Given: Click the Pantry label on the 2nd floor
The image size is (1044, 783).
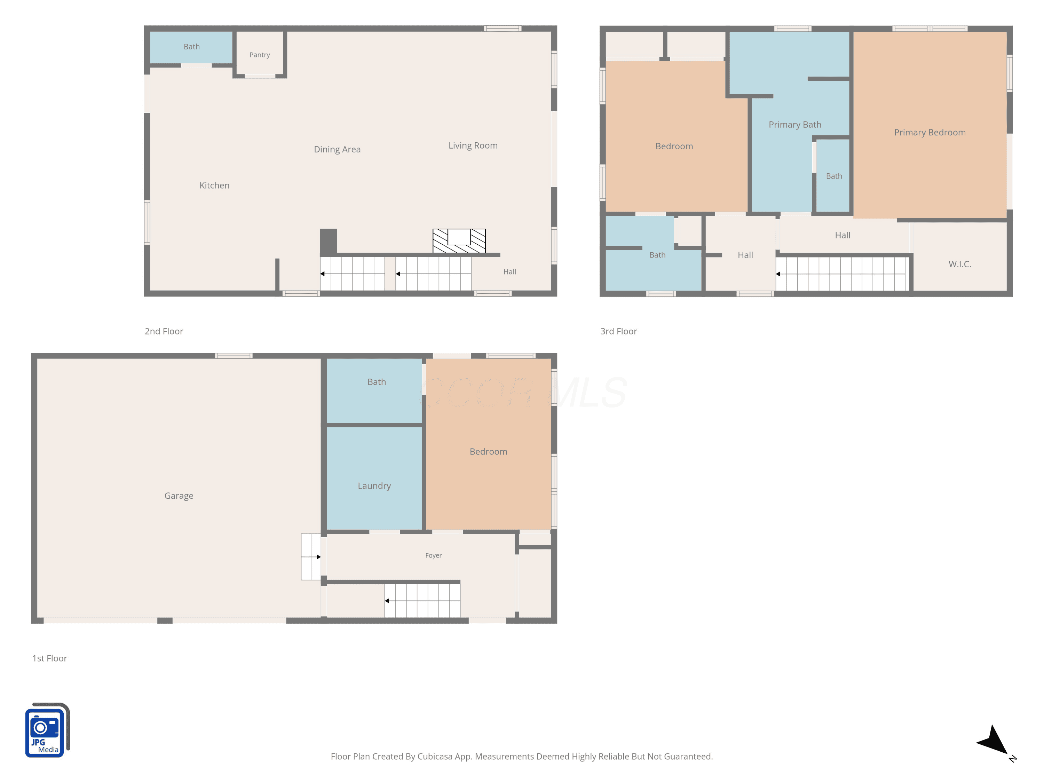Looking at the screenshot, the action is tap(260, 55).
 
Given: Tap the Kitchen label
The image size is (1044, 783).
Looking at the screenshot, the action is tap(214, 185).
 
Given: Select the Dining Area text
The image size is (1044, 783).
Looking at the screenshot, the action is tap(337, 150).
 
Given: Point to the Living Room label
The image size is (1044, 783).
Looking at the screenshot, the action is tap(473, 146).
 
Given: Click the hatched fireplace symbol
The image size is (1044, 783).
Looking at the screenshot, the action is tap(459, 241).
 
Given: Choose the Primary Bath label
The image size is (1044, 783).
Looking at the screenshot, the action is tap(795, 125).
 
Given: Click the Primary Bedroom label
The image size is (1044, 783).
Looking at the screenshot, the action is tap(930, 133).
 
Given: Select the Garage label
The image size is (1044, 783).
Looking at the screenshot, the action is tap(179, 496).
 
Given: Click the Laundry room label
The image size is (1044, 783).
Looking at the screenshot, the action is tap(374, 486).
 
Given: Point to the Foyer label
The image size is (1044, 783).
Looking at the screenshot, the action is tap(433, 555).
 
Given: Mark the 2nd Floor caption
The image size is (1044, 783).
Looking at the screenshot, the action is tap(164, 331).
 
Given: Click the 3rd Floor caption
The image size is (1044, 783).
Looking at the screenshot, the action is tap(618, 331).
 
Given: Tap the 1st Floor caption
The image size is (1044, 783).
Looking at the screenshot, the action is tap(49, 658).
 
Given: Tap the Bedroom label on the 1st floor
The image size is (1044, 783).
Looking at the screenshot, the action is tap(489, 452).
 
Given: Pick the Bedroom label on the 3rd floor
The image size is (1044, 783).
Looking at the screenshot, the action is tap(674, 146).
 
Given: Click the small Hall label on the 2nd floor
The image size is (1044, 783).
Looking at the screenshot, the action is tap(510, 272).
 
